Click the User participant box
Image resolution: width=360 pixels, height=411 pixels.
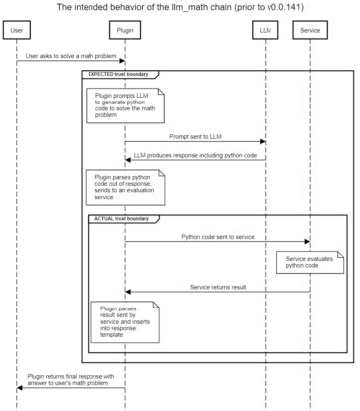click(x=17, y=31)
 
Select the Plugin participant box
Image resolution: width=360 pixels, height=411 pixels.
click(x=124, y=31)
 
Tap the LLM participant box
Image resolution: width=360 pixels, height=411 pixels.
click(x=264, y=31)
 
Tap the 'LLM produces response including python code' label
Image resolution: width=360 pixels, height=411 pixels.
click(x=194, y=155)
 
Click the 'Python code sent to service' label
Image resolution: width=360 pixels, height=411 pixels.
click(x=218, y=237)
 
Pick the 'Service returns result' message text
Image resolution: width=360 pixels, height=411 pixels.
click(x=218, y=287)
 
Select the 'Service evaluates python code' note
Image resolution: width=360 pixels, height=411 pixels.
click(x=303, y=261)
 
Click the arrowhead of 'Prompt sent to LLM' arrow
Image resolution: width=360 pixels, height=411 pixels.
click(x=261, y=142)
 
